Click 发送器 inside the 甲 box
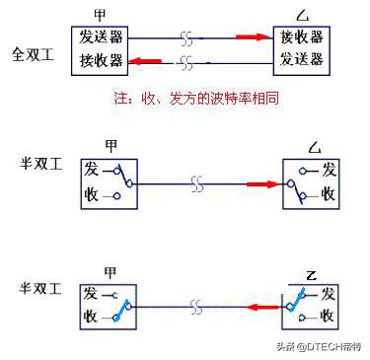(103, 37)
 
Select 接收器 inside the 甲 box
(103, 60)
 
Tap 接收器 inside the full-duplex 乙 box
(300, 37)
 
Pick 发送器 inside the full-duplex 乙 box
(300, 60)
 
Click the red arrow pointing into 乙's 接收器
(254, 37)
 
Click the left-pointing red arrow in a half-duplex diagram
(259, 309)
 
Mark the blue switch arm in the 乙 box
(295, 308)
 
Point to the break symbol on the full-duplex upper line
(187, 38)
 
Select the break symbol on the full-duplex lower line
(187, 61)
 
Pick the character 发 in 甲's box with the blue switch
(90, 294)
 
